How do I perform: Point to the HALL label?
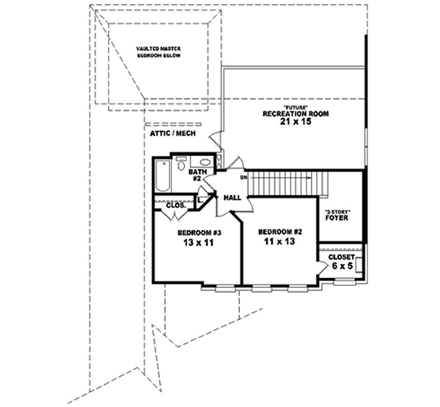(x=232, y=198)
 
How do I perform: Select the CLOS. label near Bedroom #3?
(x=174, y=206)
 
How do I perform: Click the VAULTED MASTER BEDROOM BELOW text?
(x=158, y=52)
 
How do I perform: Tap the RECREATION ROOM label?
(x=296, y=114)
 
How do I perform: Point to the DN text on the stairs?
(x=243, y=176)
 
